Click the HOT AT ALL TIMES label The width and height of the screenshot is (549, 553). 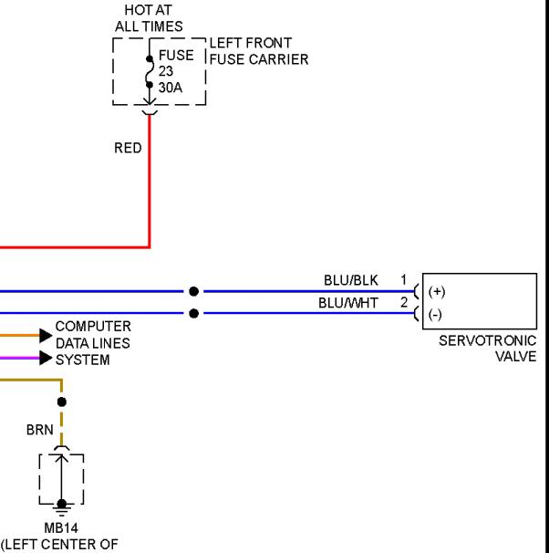click(x=149, y=18)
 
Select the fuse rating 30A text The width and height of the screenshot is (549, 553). click(x=171, y=88)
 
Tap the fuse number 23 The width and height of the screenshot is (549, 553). click(x=166, y=71)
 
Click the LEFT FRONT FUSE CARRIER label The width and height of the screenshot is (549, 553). click(x=259, y=51)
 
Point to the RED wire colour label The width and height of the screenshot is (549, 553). click(x=128, y=148)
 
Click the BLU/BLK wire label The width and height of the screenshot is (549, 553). click(x=350, y=280)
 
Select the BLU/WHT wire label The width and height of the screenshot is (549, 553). click(x=348, y=303)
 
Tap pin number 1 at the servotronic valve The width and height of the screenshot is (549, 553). click(x=404, y=279)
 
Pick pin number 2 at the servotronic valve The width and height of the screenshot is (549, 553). click(x=404, y=302)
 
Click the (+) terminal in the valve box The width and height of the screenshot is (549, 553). click(x=437, y=292)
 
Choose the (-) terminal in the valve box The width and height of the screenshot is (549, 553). click(x=435, y=314)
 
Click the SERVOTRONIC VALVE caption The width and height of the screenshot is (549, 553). click(x=488, y=349)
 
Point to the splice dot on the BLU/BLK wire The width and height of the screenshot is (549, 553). click(x=194, y=291)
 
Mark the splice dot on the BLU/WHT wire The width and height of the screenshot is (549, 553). click(x=194, y=313)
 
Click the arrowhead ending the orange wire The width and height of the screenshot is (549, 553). click(x=46, y=336)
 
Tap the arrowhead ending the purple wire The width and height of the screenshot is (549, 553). click(x=46, y=358)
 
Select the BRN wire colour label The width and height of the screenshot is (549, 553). click(x=40, y=430)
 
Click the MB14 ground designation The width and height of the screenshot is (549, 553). click(x=61, y=528)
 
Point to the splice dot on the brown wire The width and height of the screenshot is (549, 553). click(x=62, y=402)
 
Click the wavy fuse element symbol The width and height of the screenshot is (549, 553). click(x=150, y=72)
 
